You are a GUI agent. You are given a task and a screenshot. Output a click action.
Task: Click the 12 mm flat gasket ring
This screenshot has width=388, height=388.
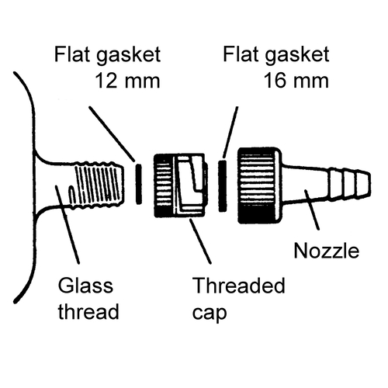click(139, 184)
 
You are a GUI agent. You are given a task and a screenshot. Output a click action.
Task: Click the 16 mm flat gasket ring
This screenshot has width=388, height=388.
click(223, 185)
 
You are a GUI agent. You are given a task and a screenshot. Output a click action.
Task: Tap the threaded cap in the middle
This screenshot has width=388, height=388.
click(181, 185)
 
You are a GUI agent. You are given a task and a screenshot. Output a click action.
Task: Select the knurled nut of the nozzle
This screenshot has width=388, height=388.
click(259, 185)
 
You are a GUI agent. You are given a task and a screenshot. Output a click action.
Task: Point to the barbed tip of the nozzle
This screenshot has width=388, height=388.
click(349, 183)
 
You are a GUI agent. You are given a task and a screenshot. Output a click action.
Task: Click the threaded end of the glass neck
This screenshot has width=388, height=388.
click(99, 184)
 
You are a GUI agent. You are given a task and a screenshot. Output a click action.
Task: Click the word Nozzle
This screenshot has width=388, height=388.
click(327, 251)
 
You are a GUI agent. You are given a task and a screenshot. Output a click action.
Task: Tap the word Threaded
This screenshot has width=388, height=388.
click(238, 286)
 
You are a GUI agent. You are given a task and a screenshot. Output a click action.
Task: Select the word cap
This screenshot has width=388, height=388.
click(210, 313)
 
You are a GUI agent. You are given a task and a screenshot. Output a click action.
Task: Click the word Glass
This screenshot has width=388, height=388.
click(85, 286)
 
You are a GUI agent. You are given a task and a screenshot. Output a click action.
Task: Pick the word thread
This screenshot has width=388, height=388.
click(88, 311)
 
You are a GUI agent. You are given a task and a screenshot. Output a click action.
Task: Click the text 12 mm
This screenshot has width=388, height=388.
click(128, 81)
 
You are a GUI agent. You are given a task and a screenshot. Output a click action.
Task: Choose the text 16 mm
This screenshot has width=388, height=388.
click(296, 81)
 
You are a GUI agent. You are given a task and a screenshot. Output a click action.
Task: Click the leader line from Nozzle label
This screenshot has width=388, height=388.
click(312, 210)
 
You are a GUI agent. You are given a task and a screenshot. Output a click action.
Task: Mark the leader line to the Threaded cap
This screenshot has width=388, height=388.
click(200, 241)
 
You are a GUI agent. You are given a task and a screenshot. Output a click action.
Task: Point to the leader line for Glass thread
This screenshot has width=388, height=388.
click(68, 224)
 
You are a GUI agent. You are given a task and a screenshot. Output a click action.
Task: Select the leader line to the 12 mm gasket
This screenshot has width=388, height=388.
click(112, 133)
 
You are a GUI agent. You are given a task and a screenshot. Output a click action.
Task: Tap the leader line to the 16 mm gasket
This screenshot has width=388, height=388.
click(230, 132)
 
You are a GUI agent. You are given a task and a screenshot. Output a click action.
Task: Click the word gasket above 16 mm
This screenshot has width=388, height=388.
click(297, 55)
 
